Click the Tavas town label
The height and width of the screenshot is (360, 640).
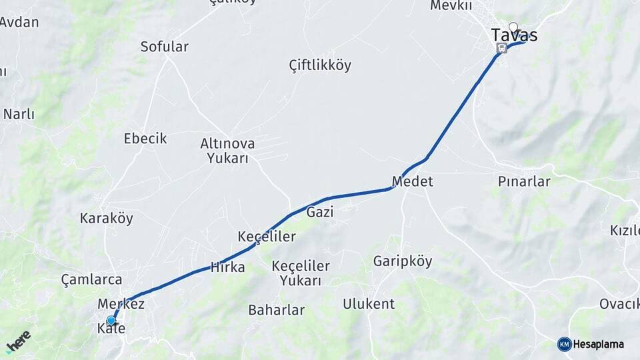pyautogui.click(x=514, y=35)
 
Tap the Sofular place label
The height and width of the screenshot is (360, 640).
pyautogui.click(x=164, y=47)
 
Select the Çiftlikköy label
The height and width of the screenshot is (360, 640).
pyautogui.click(x=320, y=65)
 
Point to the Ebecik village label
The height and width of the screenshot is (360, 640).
pyautogui.click(x=145, y=139)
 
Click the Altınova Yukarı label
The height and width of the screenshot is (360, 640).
pyautogui.click(x=227, y=151)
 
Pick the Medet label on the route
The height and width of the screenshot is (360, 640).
pyautogui.click(x=412, y=181)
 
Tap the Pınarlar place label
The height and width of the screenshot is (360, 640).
pyautogui.click(x=524, y=181)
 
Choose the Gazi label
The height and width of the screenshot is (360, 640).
pyautogui.click(x=320, y=212)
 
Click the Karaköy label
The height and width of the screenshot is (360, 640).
pyautogui.click(x=107, y=218)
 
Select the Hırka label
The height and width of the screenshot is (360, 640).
pyautogui.click(x=227, y=267)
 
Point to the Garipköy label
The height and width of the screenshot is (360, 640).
pyautogui.click(x=403, y=261)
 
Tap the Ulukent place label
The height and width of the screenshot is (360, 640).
pyautogui.click(x=369, y=304)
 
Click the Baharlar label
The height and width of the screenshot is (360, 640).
pyautogui.click(x=276, y=310)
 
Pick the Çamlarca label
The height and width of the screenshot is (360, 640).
pyautogui.click(x=91, y=279)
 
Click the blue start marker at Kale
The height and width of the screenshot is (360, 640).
pyautogui.click(x=111, y=321)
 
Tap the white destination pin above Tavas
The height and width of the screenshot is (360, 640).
pyautogui.click(x=513, y=27)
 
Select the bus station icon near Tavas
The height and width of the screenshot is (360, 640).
pyautogui.click(x=502, y=47)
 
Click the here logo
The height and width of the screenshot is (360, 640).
pyautogui.click(x=19, y=341)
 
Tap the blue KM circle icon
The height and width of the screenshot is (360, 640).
pyautogui.click(x=564, y=344)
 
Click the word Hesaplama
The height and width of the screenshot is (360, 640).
pyautogui.click(x=599, y=345)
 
